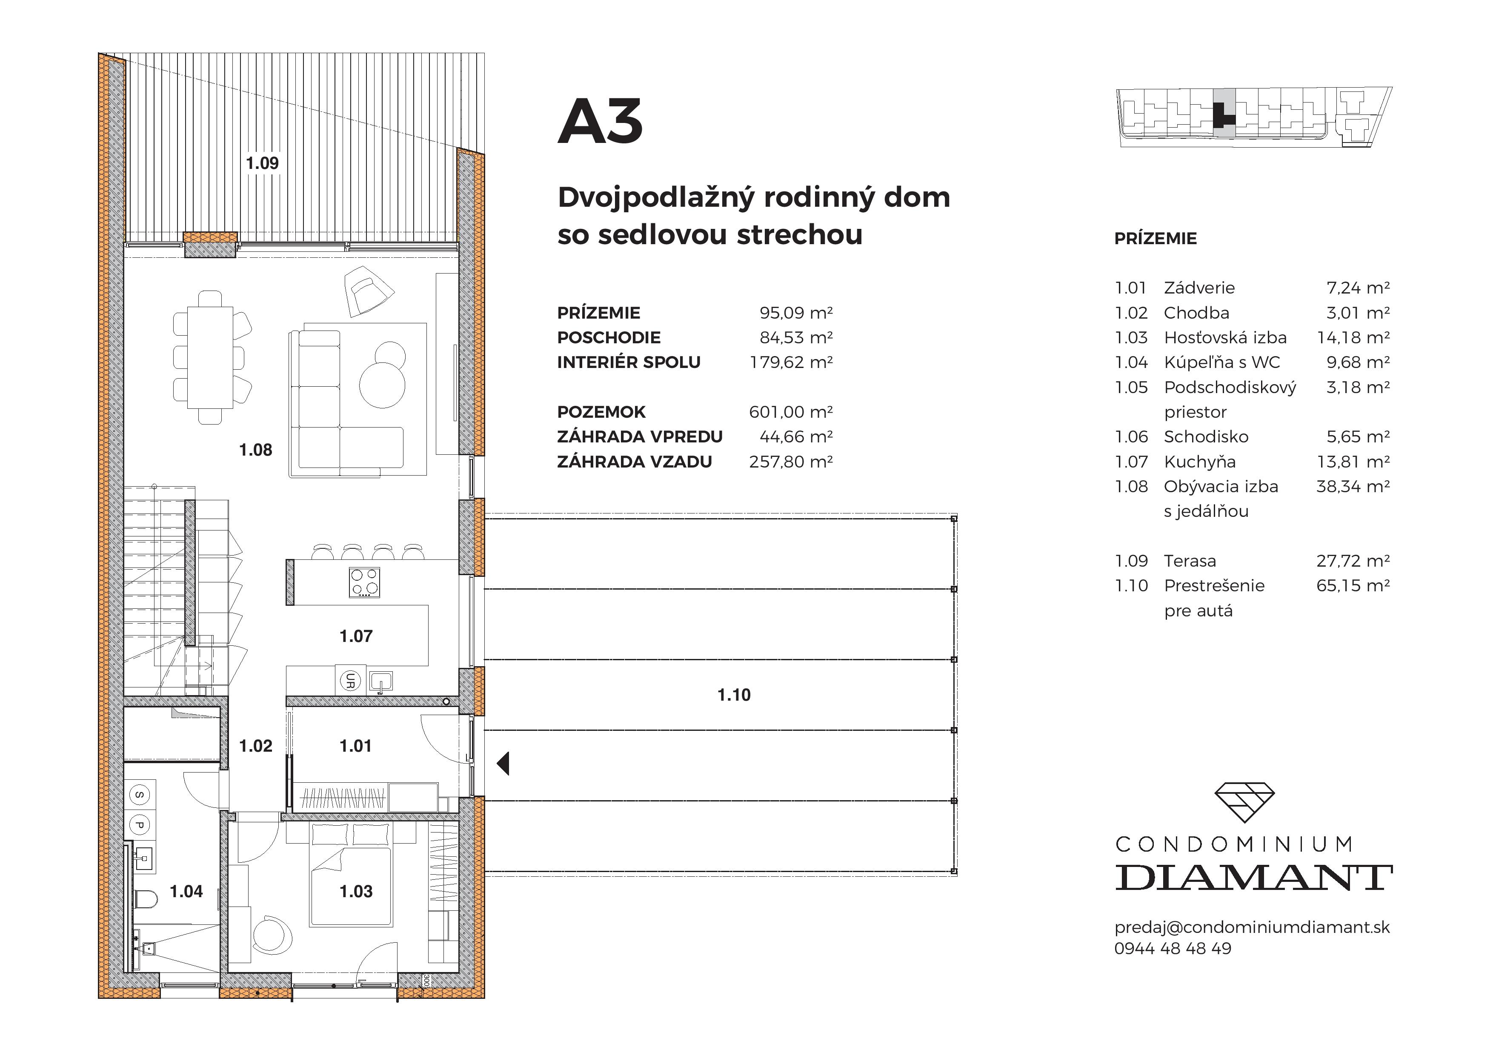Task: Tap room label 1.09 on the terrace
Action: [262, 163]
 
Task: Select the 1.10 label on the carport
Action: [733, 695]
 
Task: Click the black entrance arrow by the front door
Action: [503, 763]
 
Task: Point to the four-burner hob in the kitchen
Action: [365, 582]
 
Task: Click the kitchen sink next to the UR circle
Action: [381, 681]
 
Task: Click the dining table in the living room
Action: [210, 357]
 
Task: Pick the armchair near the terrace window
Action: [367, 291]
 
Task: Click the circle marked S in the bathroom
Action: [140, 794]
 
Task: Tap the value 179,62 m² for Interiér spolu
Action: [791, 362]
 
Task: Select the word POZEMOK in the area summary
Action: [601, 412]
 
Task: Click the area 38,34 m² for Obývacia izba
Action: [1353, 487]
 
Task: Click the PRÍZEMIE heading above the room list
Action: [1155, 239]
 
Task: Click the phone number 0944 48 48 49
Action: [1173, 948]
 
